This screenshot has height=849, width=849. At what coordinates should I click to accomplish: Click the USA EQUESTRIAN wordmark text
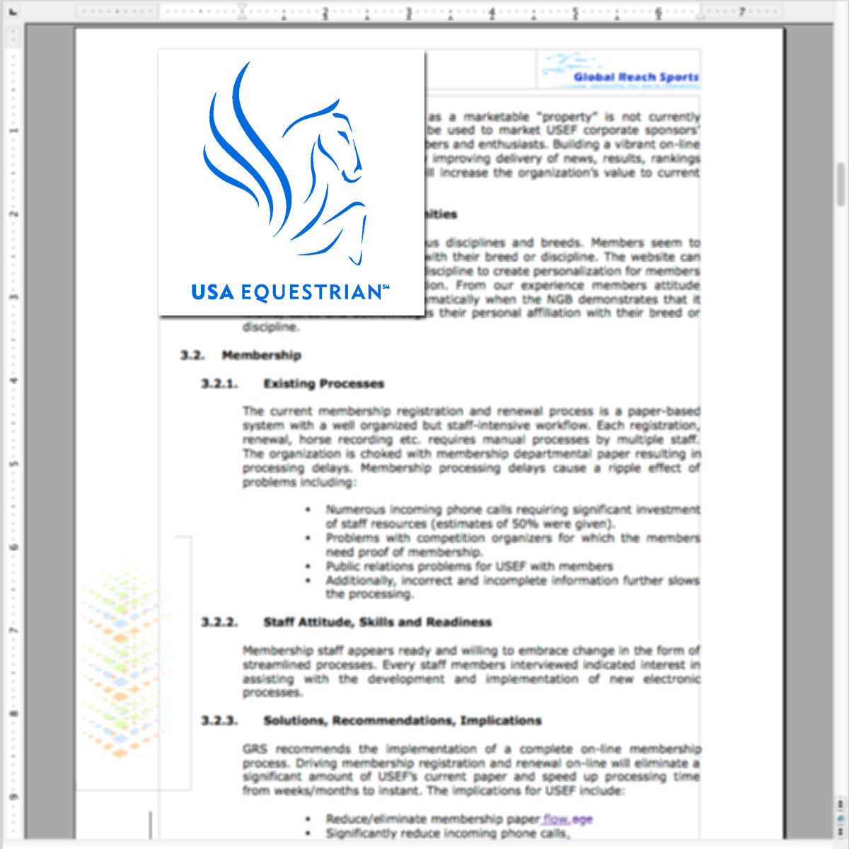pos(289,292)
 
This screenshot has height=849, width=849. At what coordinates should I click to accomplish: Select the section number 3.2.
pos(192,355)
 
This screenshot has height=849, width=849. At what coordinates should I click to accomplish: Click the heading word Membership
pos(261,355)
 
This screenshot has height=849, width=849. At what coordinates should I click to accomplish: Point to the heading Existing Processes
pos(323,383)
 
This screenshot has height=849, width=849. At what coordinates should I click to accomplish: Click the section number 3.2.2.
pos(219,623)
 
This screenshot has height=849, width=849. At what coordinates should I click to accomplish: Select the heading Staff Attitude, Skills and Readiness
pos(377,623)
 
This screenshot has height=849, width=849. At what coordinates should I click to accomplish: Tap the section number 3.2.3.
pos(219,721)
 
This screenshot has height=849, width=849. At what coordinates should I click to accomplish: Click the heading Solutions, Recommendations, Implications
pos(402,721)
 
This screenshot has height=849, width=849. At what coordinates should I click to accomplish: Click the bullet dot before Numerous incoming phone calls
pos(308,509)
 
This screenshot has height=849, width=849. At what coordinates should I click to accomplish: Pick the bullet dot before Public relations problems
pos(308,566)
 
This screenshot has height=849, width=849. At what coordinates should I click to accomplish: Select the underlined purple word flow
pos(556,819)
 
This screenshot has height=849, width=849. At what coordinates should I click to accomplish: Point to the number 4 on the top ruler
pos(492,12)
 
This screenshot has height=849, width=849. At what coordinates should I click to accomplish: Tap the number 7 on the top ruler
pos(741,12)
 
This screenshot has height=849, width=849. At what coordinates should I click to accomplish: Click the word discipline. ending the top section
pos(271,327)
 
